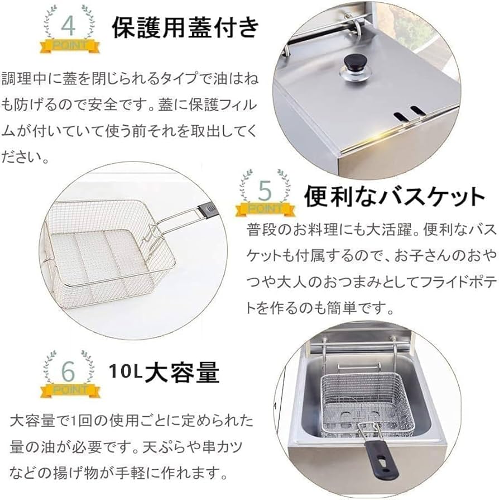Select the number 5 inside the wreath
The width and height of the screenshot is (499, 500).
[265, 191]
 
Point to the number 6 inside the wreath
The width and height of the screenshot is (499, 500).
[68, 370]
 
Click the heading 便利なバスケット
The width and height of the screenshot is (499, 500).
[394, 197]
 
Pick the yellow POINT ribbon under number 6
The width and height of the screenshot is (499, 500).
[70, 389]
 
